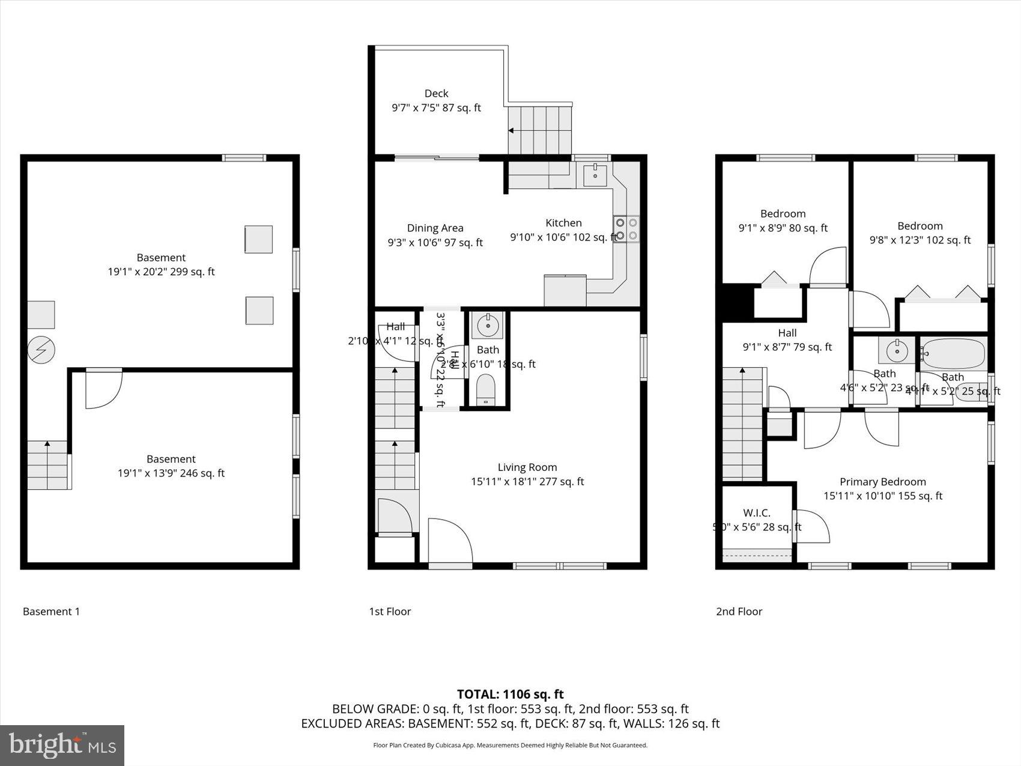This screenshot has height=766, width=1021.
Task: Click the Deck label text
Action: pos(436,94)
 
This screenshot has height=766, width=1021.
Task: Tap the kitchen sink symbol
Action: pos(595,174)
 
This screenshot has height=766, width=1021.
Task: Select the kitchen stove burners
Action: pos(627,229)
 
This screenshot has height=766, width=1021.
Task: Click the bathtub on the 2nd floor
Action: pos(953,354)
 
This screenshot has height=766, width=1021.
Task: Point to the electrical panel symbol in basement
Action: pos(41,350)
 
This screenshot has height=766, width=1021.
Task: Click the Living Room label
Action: pos(527,467)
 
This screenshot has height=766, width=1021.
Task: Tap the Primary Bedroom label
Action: pos(882,482)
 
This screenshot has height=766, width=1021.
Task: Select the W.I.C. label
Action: pos(756,513)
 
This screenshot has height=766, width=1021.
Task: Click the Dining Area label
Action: pos(435,228)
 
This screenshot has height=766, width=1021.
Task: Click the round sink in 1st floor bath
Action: pos(487,326)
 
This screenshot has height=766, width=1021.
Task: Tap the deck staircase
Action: pos(539,130)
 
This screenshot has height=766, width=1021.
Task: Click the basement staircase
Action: pos(47,465)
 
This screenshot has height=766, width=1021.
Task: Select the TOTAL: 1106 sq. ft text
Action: pos(510,695)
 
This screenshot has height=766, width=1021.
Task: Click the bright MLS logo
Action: pos(62,746)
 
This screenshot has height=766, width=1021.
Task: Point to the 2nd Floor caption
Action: pos(739,612)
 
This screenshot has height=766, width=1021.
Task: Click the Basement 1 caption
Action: pos(51,612)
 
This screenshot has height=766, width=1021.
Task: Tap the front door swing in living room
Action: pos(450,541)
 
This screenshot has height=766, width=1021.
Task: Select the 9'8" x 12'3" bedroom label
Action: pos(920,233)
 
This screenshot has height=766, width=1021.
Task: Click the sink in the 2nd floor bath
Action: pos(896,350)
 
